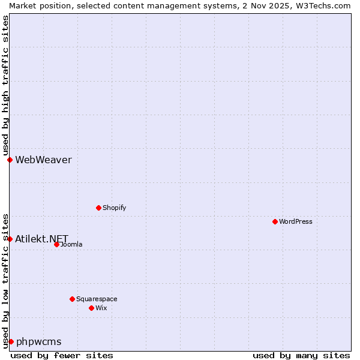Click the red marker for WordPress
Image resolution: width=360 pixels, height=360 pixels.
point(275,221)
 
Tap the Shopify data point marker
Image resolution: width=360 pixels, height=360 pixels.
point(98,208)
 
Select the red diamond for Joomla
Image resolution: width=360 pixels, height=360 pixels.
point(56,244)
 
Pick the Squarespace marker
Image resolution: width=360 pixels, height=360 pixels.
point(72,299)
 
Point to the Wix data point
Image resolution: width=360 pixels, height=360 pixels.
point(91,308)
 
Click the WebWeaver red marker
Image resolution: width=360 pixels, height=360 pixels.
point(10,160)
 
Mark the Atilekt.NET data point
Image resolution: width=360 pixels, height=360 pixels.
point(10,239)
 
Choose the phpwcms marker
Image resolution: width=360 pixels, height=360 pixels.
point(11,341)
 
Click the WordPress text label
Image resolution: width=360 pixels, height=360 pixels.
point(296,221)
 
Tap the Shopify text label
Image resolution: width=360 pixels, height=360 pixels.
point(114,208)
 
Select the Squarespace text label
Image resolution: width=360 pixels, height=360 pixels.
point(97,299)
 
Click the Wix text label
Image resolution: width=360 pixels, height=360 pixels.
point(101,308)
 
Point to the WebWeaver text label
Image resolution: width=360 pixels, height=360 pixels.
point(43,160)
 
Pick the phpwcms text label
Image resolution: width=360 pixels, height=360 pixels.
point(38,342)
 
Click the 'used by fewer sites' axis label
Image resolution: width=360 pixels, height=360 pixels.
point(62,355)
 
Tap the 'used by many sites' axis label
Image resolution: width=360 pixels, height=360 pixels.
point(301,355)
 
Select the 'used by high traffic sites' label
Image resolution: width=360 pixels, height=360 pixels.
point(5,85)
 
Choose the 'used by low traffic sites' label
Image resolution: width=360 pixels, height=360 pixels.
point(5,280)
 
